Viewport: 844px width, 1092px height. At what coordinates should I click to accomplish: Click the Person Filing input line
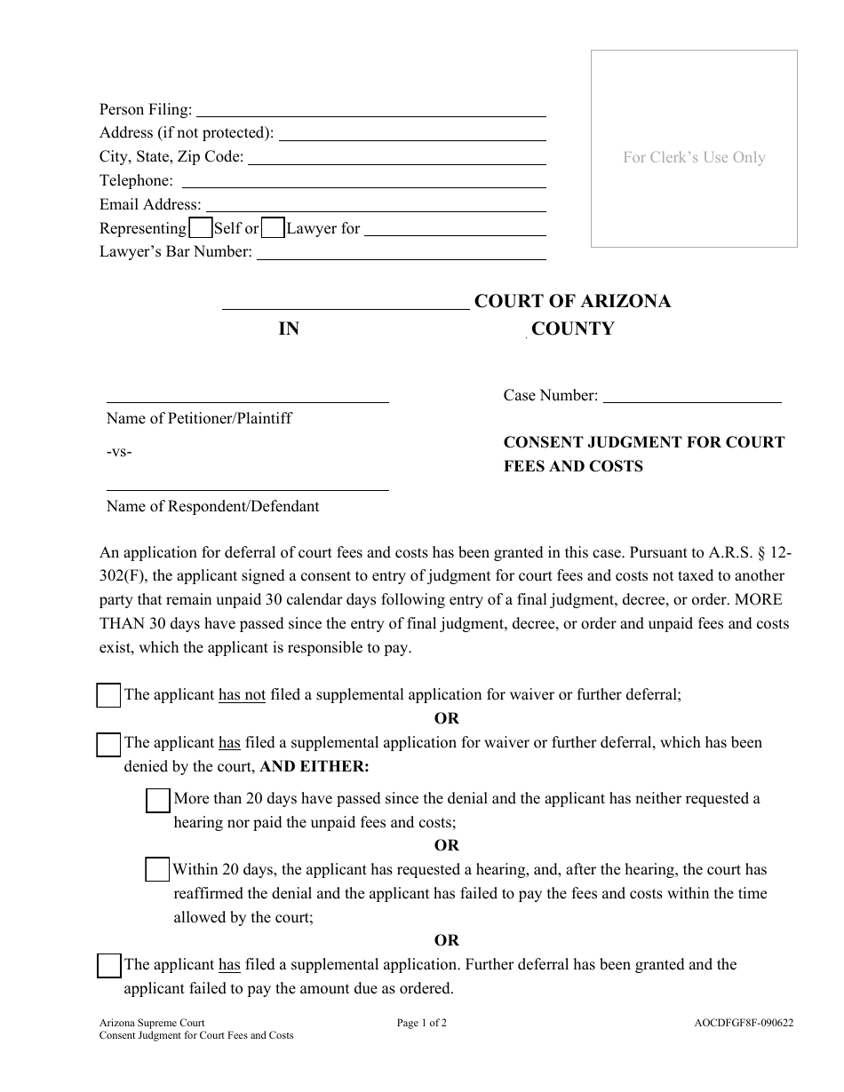(x=370, y=111)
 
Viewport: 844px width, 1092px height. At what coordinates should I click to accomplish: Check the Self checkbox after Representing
(x=202, y=228)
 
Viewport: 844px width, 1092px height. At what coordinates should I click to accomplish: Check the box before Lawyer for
(x=274, y=228)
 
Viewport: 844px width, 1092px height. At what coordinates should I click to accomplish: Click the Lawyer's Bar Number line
(x=401, y=253)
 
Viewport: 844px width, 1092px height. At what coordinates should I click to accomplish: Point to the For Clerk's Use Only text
(x=694, y=157)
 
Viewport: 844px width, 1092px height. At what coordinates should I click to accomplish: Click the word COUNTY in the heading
(x=572, y=328)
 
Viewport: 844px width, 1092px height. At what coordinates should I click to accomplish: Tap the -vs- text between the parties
(x=119, y=452)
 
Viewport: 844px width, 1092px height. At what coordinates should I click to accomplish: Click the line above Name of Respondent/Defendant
(x=247, y=485)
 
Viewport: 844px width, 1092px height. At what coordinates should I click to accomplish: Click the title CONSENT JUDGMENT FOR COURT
(x=644, y=442)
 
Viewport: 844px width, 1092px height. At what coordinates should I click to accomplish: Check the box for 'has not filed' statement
(x=108, y=696)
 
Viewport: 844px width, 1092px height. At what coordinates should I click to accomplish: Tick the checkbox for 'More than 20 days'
(x=157, y=801)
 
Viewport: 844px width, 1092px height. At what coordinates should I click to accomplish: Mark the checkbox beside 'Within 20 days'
(x=157, y=870)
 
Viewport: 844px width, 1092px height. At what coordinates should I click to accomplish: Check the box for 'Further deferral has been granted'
(x=108, y=965)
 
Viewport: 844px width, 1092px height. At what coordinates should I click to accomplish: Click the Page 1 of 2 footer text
(x=422, y=1023)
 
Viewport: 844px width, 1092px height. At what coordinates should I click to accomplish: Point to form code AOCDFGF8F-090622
(x=744, y=1023)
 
